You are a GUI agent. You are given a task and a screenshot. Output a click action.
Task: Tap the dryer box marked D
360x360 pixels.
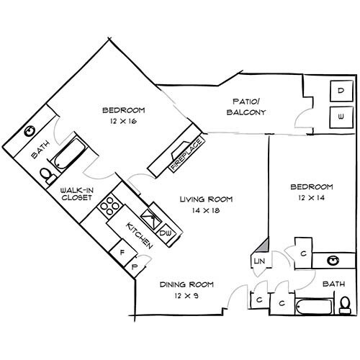coord(341,91)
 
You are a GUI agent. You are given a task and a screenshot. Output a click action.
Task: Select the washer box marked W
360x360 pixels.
coord(341,115)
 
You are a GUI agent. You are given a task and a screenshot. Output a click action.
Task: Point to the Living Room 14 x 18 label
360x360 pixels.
coord(204,204)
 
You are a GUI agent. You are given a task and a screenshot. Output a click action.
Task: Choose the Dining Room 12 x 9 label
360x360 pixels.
coord(184,290)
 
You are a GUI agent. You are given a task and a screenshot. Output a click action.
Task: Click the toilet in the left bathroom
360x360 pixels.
coord(46,174)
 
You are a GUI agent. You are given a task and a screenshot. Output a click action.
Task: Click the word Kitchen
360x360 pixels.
coord(139,235)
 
